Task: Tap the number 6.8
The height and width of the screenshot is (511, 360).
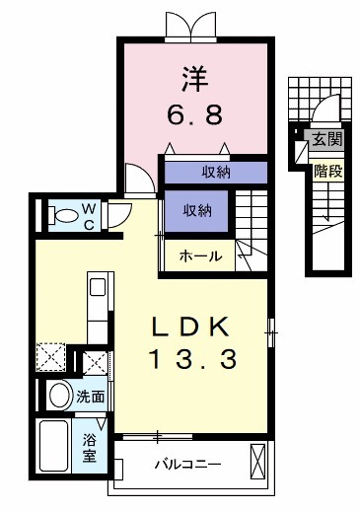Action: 193,112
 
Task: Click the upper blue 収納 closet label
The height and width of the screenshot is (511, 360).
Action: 215,171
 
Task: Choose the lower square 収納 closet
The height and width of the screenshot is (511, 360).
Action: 197,210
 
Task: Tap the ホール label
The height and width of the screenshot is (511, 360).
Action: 199,257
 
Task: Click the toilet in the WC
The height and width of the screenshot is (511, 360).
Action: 63,213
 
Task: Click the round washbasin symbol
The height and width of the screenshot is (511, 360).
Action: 60,398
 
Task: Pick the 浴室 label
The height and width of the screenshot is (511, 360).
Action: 90,447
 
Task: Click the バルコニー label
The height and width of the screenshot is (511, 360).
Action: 186,463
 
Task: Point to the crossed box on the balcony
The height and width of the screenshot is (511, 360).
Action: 258,461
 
